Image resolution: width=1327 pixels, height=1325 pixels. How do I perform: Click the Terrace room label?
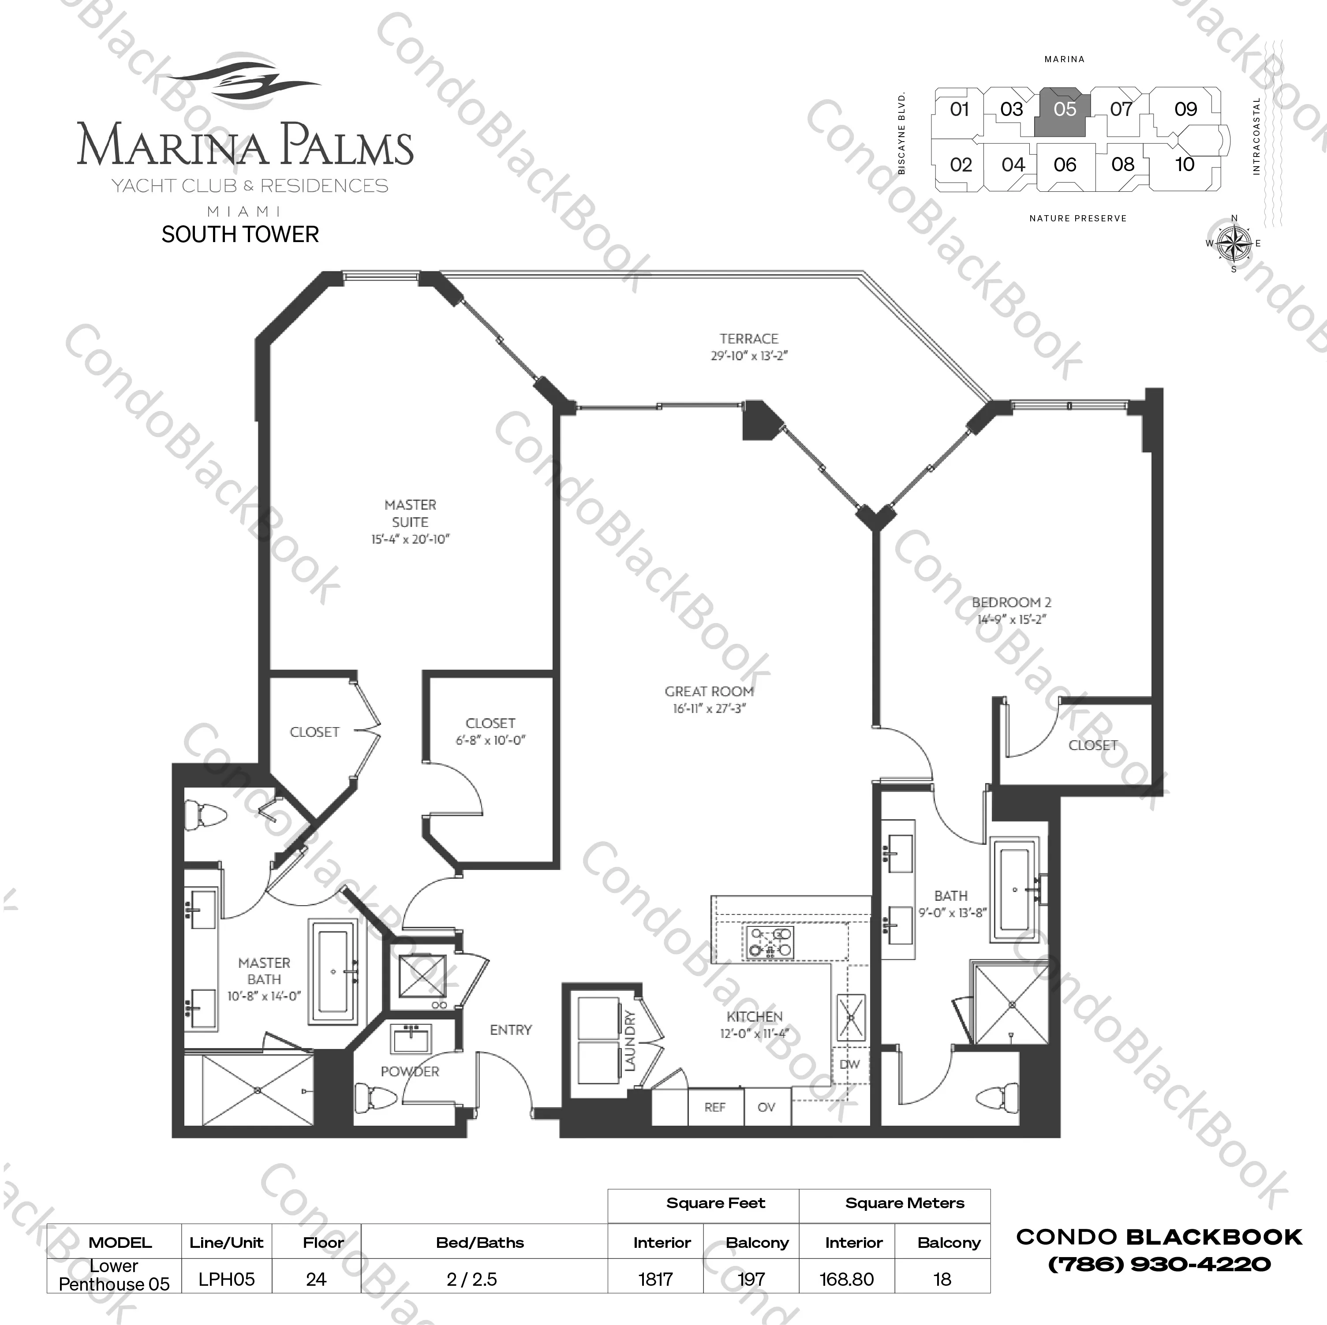749,339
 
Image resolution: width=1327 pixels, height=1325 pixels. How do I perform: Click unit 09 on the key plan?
1185,109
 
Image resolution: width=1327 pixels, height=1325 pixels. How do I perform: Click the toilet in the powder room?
376,1096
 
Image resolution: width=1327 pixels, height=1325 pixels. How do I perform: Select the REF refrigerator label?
714,1107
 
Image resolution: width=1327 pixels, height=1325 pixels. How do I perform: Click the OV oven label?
766,1107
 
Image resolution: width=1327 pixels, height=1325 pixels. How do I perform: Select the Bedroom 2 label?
1011,602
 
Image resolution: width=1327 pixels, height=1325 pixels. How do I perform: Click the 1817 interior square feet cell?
655,1280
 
